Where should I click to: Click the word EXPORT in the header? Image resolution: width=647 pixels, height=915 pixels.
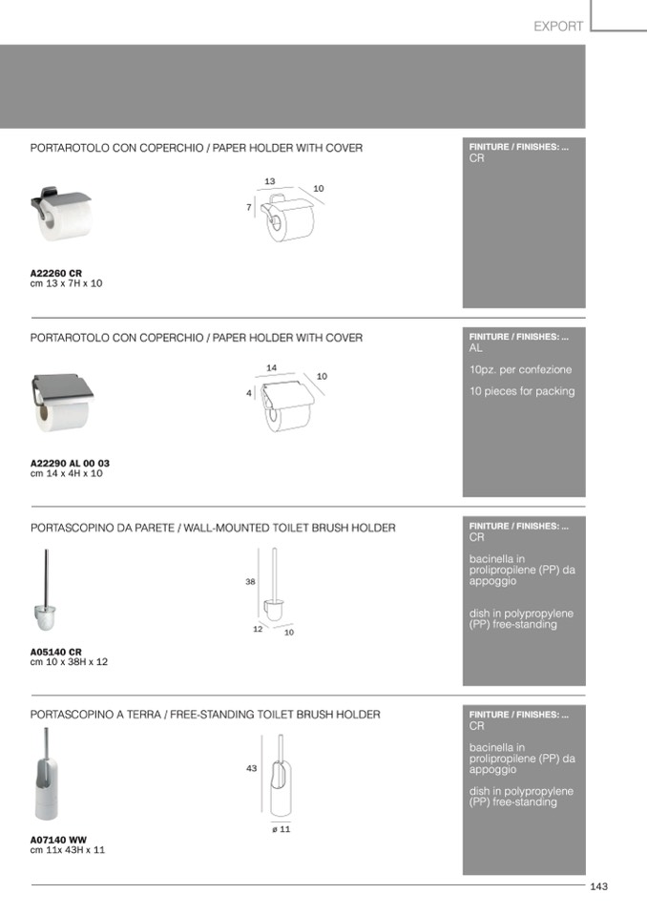(558, 27)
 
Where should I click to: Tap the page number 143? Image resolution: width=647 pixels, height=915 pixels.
(599, 886)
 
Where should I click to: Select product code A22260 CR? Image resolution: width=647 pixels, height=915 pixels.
(56, 273)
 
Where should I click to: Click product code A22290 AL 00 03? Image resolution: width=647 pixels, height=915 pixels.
(70, 463)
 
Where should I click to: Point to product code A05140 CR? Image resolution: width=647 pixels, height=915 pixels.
(56, 652)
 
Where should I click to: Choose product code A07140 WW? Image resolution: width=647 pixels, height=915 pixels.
(58, 840)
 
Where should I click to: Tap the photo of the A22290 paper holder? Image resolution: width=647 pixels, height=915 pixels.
(62, 402)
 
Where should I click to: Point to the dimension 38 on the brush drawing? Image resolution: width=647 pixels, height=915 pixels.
(250, 581)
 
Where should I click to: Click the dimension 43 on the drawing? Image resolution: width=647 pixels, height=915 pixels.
(252, 768)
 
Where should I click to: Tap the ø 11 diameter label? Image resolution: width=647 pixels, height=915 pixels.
(281, 829)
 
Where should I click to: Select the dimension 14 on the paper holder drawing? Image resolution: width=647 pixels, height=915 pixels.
(271, 367)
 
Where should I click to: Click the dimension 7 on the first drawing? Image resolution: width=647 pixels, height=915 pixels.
(248, 207)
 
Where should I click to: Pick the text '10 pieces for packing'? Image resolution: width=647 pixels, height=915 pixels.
(522, 391)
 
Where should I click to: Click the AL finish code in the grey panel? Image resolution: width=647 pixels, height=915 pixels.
(476, 348)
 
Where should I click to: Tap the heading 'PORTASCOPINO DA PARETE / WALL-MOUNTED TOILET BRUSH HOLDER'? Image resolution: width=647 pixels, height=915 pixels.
(213, 528)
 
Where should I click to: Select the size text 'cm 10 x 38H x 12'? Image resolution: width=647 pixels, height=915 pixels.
(69, 662)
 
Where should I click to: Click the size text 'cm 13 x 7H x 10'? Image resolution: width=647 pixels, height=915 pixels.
(66, 283)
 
